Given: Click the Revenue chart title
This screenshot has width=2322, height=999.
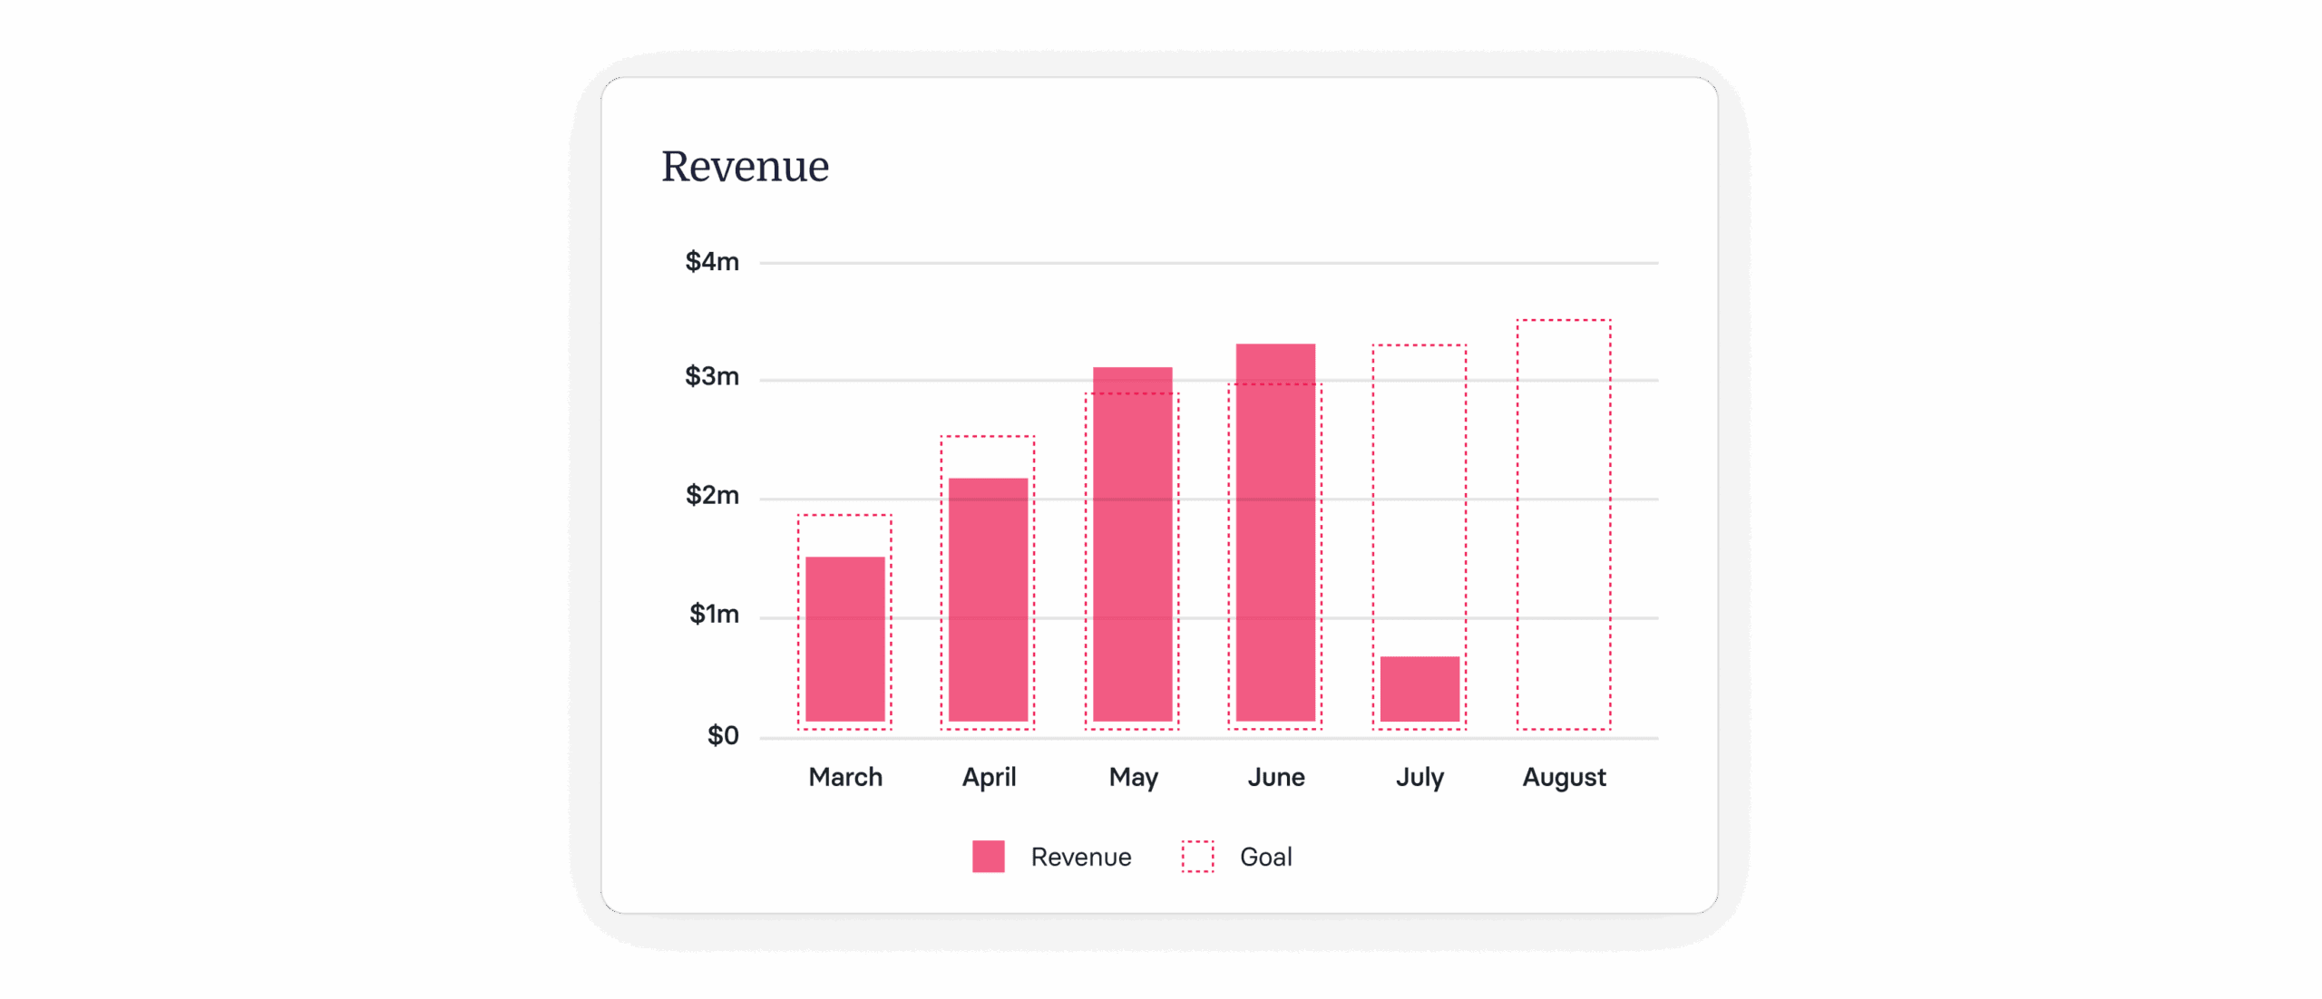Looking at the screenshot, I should coord(745,167).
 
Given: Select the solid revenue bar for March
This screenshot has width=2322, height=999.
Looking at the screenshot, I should coord(844,639).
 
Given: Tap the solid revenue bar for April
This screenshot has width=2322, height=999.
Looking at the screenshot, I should coord(988,599).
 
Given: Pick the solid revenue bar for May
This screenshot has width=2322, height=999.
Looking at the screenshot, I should coord(1132,544).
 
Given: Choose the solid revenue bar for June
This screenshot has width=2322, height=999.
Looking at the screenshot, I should coord(1275,532).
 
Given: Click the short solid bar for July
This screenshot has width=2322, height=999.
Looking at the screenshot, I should coord(1420,689).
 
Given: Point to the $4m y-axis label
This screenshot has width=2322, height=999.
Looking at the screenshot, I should coord(712,262).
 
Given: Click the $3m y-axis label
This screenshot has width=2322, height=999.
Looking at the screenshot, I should coord(712,376).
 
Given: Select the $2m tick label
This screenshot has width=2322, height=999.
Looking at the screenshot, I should coord(712,495).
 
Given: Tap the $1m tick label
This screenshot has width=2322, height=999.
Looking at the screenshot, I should coord(714,614).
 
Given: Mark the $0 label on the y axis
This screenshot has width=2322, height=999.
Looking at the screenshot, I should coord(723,735).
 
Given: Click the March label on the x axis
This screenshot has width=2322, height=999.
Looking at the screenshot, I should coord(845,777).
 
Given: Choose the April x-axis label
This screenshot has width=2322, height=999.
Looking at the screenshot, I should coord(989,778).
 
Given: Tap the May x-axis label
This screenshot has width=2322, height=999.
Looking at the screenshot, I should coord(1133,778).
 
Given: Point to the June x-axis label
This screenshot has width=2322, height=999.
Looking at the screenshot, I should coord(1276,777).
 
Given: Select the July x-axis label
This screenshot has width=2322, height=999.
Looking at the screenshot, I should coord(1420,778).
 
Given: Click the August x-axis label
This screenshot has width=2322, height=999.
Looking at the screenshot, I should coord(1564,778).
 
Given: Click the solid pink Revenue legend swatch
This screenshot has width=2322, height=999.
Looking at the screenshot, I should coord(988,857).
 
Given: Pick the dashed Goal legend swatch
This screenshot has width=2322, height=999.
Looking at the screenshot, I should coord(1197,857).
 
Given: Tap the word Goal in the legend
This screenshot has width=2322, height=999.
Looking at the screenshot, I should coord(1265,857).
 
